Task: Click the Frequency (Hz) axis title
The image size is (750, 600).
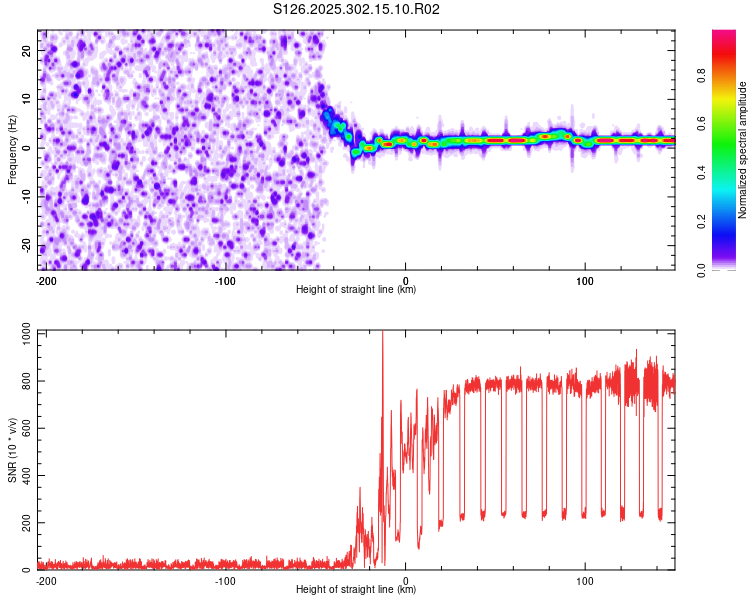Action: (x=12, y=150)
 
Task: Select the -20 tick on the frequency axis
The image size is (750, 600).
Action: (x=27, y=246)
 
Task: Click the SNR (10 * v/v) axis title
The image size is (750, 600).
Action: (x=12, y=449)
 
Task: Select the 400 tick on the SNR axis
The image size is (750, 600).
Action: (x=23, y=475)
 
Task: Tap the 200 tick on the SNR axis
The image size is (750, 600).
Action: (x=23, y=523)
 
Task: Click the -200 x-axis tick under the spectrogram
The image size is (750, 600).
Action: (x=45, y=280)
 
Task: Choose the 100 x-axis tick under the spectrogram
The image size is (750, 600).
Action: (x=583, y=280)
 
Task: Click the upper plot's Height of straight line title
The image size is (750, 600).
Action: (x=356, y=290)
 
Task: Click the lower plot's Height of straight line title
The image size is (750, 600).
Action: (x=356, y=590)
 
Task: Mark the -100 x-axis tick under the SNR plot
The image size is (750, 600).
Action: (x=225, y=580)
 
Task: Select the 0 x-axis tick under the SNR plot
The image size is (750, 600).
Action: (x=405, y=580)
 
